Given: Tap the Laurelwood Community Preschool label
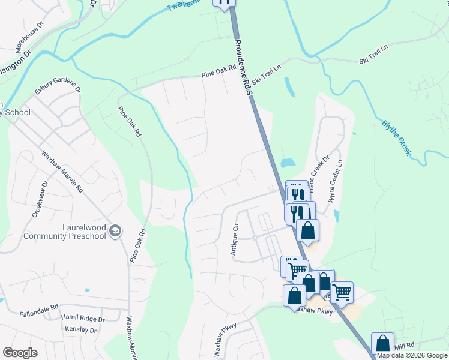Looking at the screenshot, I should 65,232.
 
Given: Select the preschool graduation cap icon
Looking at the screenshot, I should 115,231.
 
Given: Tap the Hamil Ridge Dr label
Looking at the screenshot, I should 83,319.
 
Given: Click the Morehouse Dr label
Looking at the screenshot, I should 30,37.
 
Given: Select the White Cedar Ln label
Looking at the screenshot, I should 334,181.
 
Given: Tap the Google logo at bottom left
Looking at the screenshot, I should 20,353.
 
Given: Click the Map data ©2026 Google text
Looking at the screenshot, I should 412,356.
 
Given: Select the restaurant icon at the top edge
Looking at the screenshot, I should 224,2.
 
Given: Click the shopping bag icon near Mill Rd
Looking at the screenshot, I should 382,344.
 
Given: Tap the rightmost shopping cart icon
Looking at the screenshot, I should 342,292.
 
